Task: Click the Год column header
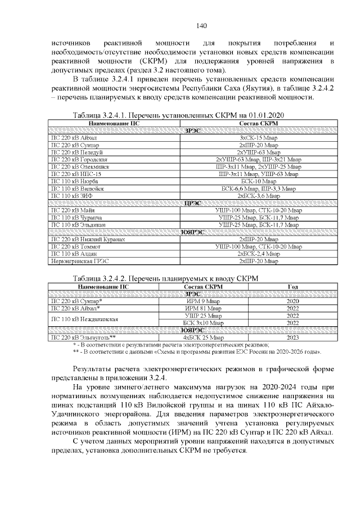click(292, 286)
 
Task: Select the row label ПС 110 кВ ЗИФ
click(70, 196)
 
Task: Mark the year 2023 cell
click(292, 337)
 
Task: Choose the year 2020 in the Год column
click(292, 301)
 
